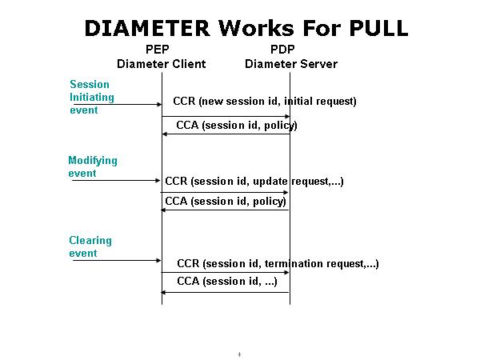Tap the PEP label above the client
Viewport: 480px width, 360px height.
(162, 50)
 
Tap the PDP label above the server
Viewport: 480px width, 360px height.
(290, 50)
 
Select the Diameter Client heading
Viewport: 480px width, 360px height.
(162, 64)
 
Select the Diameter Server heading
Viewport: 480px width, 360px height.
(290, 64)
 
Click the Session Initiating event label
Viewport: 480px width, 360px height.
(92, 97)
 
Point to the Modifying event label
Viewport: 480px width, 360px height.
(93, 166)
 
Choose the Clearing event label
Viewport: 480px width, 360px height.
(90, 246)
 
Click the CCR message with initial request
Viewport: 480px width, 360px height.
(265, 102)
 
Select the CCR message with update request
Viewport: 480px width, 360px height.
(254, 182)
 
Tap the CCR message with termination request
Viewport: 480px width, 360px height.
(278, 263)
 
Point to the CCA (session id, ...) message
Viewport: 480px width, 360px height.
(227, 281)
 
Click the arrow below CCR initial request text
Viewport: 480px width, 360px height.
(226, 116)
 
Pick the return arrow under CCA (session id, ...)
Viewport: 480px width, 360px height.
(226, 292)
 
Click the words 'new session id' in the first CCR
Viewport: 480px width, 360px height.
(238, 102)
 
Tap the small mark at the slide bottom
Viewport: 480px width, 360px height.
(240, 354)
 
